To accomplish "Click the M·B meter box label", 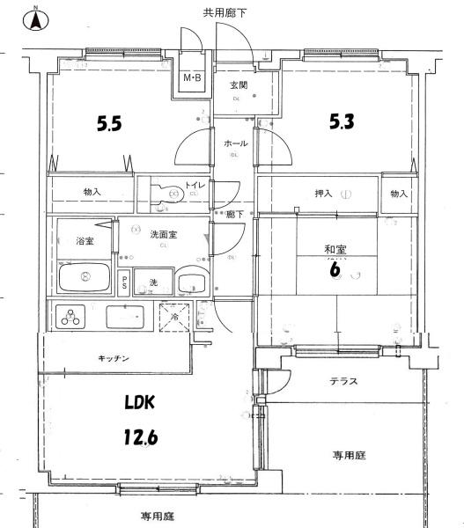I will [192, 79].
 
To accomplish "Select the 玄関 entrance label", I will [238, 85].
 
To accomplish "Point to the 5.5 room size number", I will [109, 124].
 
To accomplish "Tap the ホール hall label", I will [235, 143].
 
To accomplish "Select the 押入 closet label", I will [323, 194].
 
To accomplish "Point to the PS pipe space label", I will [125, 282].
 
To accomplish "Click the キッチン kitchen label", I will [114, 358].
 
